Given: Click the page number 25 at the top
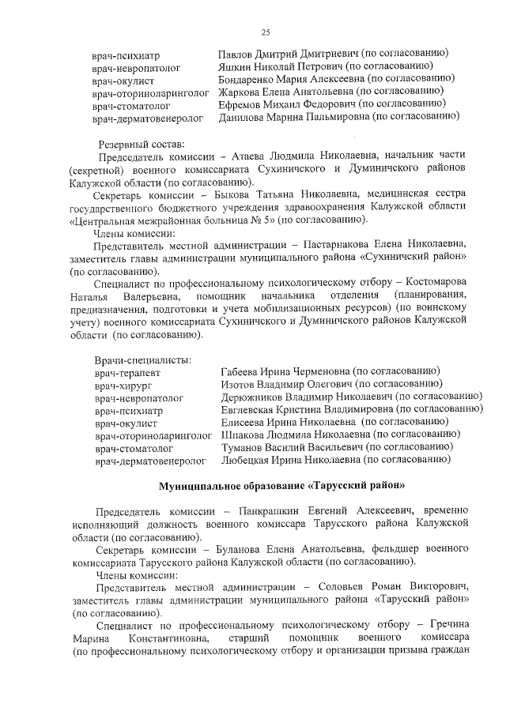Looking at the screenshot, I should click(x=266, y=32).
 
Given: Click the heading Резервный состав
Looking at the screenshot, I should click(x=141, y=145).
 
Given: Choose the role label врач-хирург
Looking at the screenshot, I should click(x=120, y=386).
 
